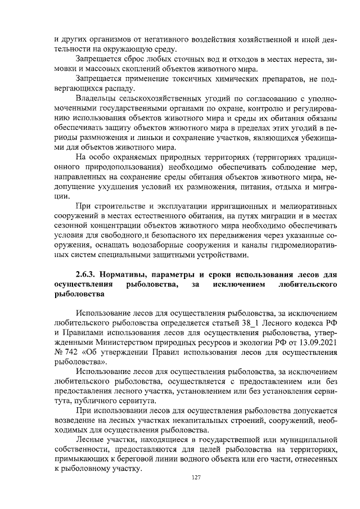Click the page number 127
click(x=196, y=478)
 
